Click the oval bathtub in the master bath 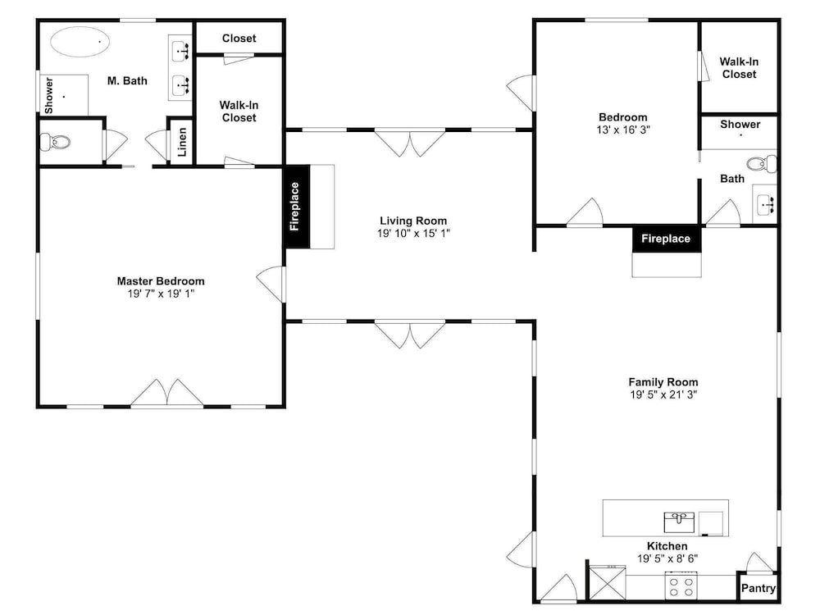80,42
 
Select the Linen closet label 181,142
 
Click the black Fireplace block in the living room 297,207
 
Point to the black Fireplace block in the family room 666,239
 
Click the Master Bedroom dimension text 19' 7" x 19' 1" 161,294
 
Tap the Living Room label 413,221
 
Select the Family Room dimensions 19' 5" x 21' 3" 663,395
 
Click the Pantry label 758,588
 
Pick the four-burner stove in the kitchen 681,585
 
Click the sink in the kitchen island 679,522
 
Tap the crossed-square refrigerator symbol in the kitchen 608,582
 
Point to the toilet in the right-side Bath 762,164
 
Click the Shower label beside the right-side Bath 740,125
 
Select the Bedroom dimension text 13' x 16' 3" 623,130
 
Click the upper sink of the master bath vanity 181,51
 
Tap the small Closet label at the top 239,39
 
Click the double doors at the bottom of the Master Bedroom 166,392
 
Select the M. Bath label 127,81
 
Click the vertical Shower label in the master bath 48,96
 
